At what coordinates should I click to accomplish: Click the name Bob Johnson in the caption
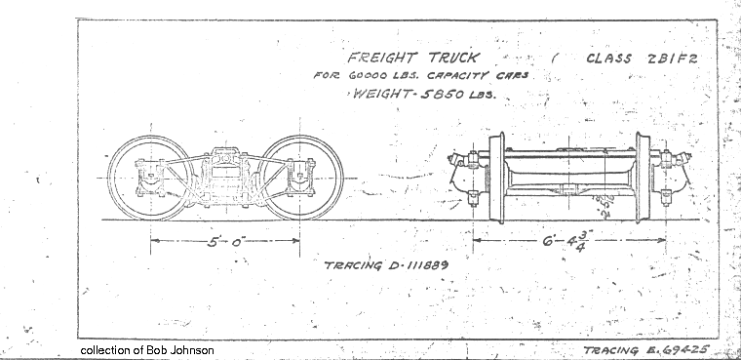pyautogui.click(x=181, y=349)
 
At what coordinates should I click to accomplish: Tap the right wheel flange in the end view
pyautogui.click(x=643, y=176)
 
